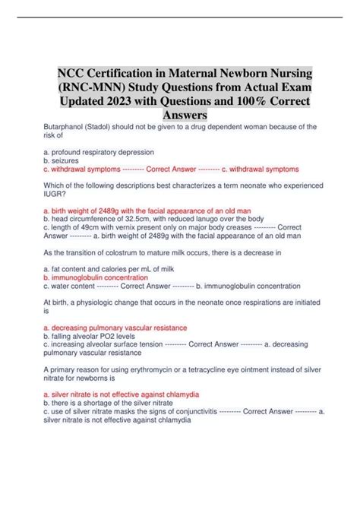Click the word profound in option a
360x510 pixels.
[68, 151]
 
